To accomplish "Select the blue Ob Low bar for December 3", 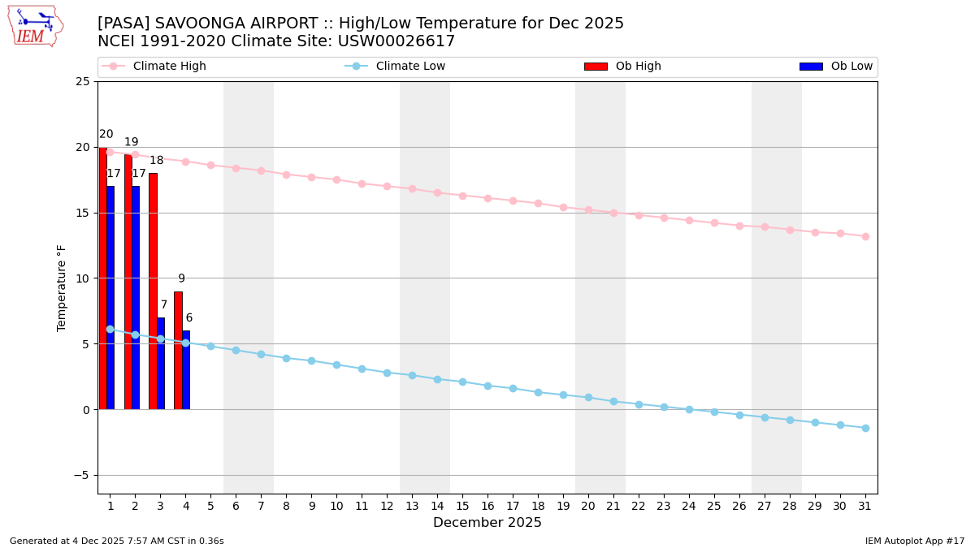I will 161,363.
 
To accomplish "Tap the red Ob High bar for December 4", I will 178,350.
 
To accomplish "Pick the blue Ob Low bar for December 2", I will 136,297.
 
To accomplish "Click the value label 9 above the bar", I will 181,278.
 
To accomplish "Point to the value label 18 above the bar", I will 156,161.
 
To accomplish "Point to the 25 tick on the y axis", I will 83,82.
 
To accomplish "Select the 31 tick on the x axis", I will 865,506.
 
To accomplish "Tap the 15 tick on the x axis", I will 462,506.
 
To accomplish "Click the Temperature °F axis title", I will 62,287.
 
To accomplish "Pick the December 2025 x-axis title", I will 487,523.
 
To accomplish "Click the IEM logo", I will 35,26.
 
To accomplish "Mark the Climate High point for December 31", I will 865,236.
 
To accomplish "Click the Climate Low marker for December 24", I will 689,409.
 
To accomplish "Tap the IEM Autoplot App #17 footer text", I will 915,541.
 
